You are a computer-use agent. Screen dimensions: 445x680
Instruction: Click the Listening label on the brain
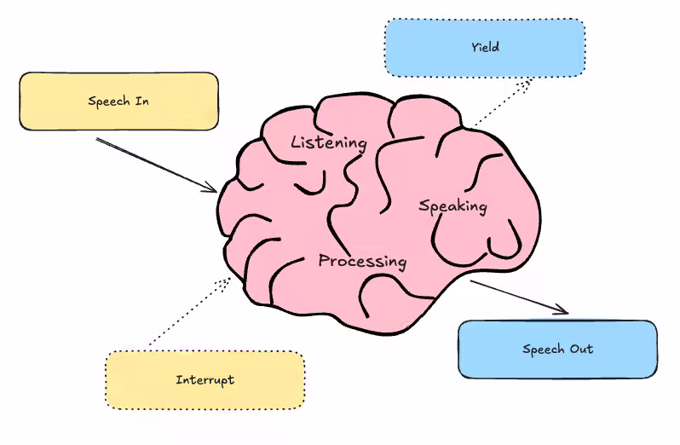point(328,142)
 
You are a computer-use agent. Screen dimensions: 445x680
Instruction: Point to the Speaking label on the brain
point(452,205)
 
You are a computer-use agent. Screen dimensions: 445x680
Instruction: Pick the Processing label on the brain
point(362,261)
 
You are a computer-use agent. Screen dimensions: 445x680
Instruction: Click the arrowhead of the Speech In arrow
point(211,188)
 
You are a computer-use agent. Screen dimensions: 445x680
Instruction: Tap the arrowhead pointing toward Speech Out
point(562,310)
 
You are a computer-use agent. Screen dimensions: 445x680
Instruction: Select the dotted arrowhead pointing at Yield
point(527,83)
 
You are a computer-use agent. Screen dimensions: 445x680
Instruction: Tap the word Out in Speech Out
point(581,349)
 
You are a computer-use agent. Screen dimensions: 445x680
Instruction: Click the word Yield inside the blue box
point(484,48)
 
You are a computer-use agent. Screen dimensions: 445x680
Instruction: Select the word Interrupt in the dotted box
point(205,379)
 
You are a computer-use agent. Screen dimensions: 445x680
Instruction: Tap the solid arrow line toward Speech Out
point(516,295)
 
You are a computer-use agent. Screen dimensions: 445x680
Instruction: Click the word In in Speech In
point(143,101)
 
